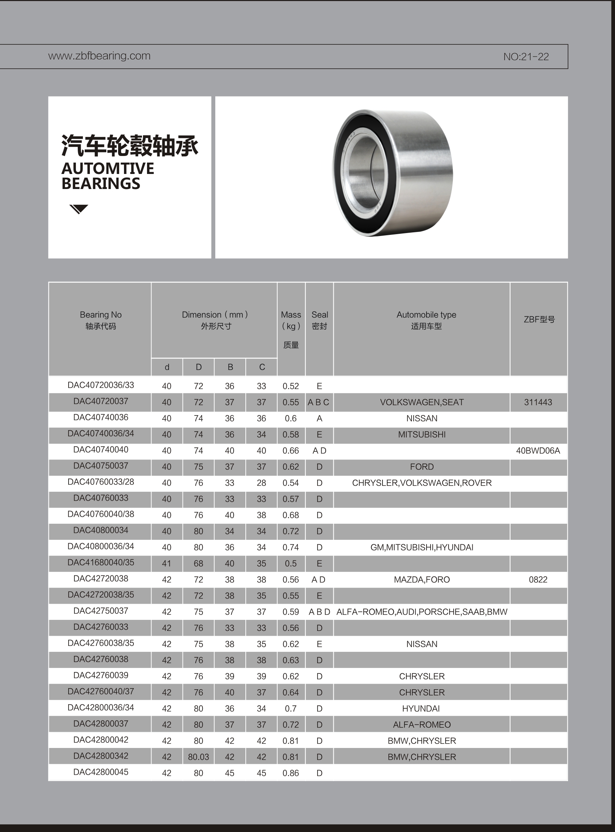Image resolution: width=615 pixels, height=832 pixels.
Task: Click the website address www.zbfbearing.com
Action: pos(99,56)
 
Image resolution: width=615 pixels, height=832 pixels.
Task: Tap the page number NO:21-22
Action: pos(526,57)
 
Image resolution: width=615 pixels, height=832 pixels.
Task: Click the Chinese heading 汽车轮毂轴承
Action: pos(129,145)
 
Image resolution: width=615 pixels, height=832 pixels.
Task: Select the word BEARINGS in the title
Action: pos(100,184)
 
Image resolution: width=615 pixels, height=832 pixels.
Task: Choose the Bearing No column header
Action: pos(100,320)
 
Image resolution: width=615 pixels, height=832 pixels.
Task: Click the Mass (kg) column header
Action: pos(291,320)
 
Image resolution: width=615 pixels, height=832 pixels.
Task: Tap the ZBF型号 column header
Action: pos(539,319)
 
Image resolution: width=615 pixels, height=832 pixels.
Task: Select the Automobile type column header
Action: pos(426,320)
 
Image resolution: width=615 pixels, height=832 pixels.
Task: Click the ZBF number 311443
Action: pos(538,402)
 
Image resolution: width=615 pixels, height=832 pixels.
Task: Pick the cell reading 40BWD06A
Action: pos(538,451)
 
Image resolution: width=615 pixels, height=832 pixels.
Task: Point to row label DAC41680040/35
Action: pos(100,563)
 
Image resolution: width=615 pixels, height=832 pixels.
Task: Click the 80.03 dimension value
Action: pos(198,757)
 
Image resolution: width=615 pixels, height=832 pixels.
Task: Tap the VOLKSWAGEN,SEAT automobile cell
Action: pos(422,402)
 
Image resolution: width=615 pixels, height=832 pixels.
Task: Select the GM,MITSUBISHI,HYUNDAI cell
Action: pos(422,547)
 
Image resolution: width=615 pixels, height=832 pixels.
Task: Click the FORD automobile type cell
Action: pos(422,467)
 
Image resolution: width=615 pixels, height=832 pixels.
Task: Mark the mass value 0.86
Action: pos(291,773)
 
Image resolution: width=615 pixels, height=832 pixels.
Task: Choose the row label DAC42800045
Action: pos(100,772)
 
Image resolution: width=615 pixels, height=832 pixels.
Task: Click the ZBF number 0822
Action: pos(538,580)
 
